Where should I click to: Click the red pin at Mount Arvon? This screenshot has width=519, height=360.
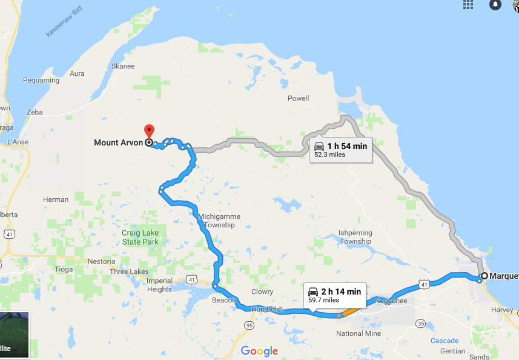coord(149,130)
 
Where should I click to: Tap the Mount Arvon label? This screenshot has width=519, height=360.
coord(118,143)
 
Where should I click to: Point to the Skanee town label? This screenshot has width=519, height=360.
coord(123,67)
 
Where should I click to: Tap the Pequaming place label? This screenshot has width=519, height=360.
coord(41,80)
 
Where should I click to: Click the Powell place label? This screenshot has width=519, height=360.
coord(298,98)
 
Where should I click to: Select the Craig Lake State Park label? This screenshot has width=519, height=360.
coord(140,238)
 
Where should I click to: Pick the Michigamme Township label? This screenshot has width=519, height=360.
coord(219,221)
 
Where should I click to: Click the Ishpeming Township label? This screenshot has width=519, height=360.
coord(355,237)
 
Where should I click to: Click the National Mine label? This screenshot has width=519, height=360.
coord(359,333)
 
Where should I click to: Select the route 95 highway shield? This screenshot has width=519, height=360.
coord(249,325)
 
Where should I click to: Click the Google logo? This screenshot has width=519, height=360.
coord(259,351)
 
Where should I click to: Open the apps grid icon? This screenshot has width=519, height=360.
coord(468,5)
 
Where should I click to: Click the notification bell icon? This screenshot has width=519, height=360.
coord(495,5)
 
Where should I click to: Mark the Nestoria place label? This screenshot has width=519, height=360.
coord(101,262)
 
